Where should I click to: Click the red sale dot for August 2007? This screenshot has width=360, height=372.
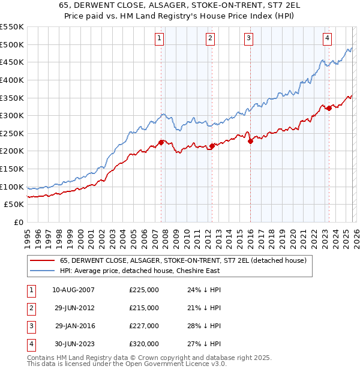click(x=161, y=142)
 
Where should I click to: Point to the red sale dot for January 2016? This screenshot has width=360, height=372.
click(x=250, y=142)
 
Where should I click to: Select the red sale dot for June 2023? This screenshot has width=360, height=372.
click(x=329, y=109)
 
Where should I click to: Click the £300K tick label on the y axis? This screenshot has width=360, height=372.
click(x=12, y=115)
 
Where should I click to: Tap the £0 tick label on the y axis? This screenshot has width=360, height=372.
click(x=18, y=222)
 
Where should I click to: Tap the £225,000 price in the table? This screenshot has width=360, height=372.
click(x=144, y=290)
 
